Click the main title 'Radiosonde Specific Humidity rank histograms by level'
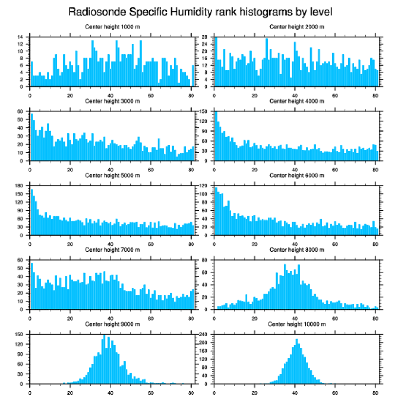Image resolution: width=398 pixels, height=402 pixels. coord(200,11)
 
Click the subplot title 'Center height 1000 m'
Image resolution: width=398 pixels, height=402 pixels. coord(112,27)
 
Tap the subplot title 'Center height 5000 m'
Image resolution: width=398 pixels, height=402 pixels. coord(112,176)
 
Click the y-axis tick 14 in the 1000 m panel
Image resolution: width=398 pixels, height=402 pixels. coord(20,37)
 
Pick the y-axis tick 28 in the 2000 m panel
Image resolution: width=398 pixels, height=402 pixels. coord(205,37)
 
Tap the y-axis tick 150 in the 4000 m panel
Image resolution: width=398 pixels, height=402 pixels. coord(205,111)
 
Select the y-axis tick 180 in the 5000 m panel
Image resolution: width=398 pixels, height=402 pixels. coord(20,186)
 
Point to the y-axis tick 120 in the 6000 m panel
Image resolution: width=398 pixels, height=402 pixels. coord(205,186)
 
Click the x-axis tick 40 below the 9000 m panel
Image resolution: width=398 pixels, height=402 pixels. coord(110,391)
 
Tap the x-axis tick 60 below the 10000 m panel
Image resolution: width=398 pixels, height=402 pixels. coord(335,391)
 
